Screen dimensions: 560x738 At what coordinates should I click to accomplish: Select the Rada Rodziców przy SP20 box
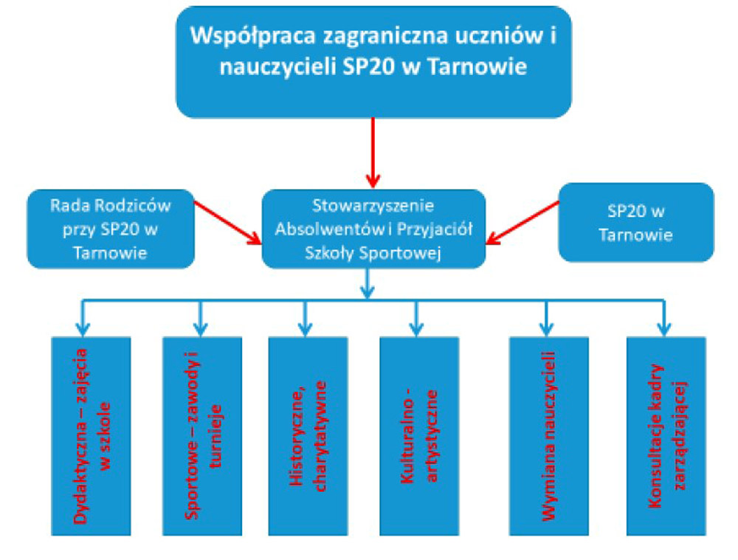(111, 229)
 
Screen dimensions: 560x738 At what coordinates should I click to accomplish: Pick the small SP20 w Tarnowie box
(636, 223)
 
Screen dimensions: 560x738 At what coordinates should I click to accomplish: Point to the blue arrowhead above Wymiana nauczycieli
(546, 329)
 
